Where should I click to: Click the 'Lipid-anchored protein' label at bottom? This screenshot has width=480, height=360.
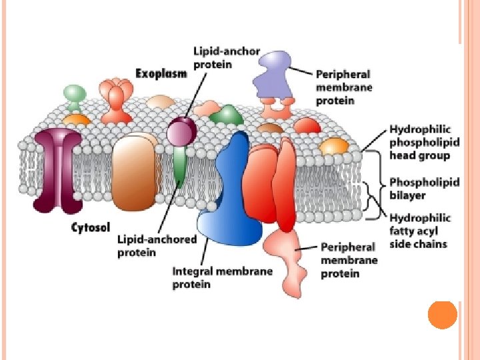click(x=147, y=245)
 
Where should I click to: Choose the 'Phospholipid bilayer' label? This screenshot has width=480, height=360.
click(x=425, y=188)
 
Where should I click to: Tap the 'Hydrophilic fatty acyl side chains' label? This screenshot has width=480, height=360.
click(x=420, y=231)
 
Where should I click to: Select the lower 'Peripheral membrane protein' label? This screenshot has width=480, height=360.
click(x=349, y=259)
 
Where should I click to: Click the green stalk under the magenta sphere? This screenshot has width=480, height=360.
click(x=179, y=167)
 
